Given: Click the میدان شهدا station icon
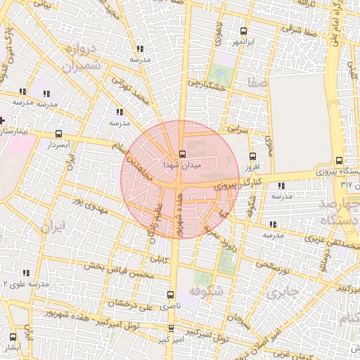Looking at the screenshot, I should (x=183, y=154).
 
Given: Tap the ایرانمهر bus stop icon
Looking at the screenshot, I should (x=243, y=32).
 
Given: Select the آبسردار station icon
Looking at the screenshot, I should (x=58, y=134).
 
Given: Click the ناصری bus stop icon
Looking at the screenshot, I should (x=169, y=295).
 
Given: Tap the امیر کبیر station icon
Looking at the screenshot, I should (x=171, y=328).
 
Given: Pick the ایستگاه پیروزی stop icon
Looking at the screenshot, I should (x=340, y=160).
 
